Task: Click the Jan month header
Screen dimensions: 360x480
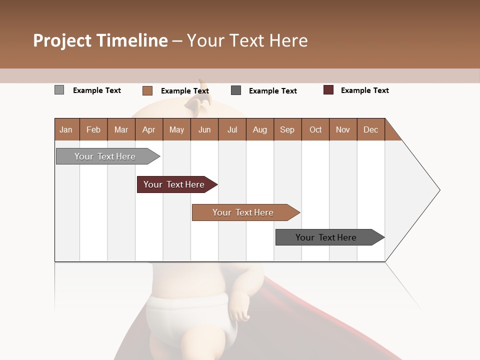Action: (66, 129)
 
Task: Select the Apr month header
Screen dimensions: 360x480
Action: (148, 129)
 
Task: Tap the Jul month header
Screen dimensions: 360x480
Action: (232, 129)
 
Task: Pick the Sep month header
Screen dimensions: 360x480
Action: (287, 129)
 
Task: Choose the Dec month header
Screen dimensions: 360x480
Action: (370, 129)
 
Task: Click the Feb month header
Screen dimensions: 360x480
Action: (93, 129)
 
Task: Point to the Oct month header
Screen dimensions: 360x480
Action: (315, 129)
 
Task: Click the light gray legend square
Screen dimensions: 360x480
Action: (59, 90)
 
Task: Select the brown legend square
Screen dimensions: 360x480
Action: (147, 90)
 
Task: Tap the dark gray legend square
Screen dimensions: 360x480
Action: (236, 90)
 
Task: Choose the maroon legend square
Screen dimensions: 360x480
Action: (328, 90)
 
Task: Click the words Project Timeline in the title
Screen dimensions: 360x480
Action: (100, 40)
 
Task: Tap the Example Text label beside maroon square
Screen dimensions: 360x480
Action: (364, 90)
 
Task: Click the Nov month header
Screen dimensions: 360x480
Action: (343, 129)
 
